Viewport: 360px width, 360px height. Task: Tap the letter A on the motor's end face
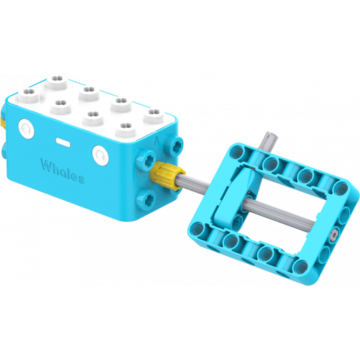click(156, 139)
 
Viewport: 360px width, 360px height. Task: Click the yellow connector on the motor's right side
click(166, 175)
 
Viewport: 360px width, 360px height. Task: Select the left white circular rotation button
click(27, 130)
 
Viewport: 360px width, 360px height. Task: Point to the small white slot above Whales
click(63, 141)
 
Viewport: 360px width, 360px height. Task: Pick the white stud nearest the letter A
click(154, 115)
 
